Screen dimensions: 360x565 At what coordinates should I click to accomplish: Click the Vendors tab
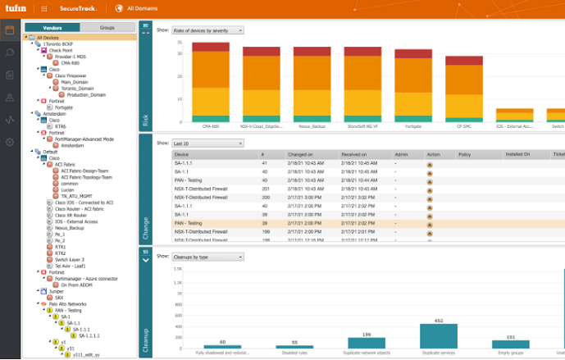(x=52, y=28)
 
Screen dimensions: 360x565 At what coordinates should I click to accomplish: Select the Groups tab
(x=107, y=28)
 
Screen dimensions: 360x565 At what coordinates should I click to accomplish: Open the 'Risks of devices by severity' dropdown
(x=207, y=30)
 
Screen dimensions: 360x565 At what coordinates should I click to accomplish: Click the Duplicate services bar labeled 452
(x=438, y=336)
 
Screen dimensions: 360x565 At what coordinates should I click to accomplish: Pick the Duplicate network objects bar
(x=367, y=343)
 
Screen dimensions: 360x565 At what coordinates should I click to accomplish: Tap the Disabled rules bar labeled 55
(x=294, y=347)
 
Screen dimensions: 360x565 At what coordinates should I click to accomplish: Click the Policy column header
(x=463, y=153)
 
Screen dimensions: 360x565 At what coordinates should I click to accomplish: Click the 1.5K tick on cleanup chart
(x=177, y=268)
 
